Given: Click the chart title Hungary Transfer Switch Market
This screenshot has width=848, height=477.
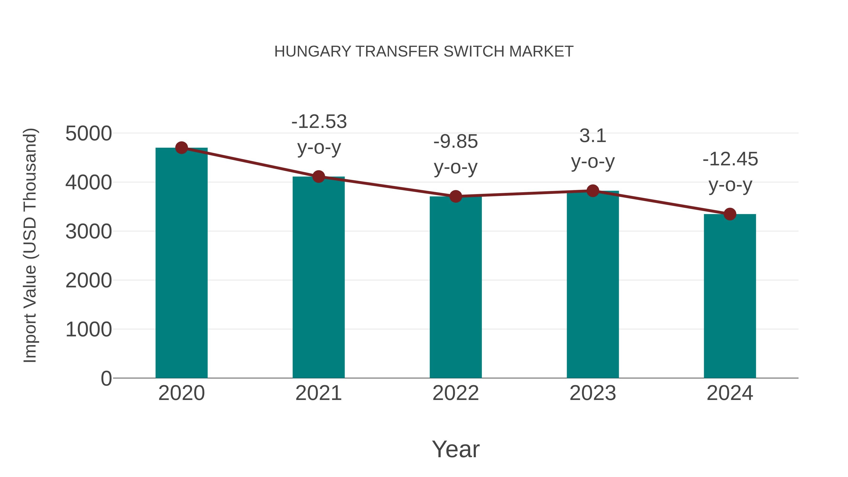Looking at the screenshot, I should click(424, 52).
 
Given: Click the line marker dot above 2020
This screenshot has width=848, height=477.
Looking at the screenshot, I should click(181, 148).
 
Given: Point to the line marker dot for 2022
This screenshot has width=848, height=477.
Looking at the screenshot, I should click(456, 196).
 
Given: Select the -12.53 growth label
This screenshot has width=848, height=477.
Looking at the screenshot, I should click(319, 122).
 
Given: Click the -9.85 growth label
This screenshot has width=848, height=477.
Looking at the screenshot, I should click(456, 142).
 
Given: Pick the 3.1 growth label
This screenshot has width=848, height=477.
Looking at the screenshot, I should click(593, 136).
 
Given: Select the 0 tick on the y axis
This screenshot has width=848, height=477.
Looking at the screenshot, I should click(106, 378).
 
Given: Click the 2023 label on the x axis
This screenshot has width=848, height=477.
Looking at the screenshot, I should click(593, 393).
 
